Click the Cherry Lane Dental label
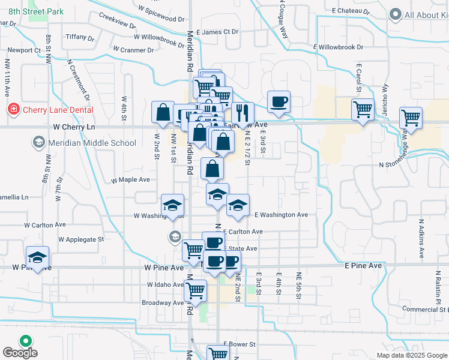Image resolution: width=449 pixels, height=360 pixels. pos(58,110)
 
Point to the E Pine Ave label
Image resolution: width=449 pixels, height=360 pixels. pos(363,265)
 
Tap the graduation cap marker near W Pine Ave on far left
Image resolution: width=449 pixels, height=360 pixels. pos(38,259)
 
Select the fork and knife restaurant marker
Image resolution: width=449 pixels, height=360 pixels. pos(243,112)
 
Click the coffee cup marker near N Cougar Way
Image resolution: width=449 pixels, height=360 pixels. pos(279,103)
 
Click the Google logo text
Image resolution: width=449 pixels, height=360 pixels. pos(20,353)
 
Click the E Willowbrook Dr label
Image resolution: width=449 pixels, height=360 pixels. pos(339,47)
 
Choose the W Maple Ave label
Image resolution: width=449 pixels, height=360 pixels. pos(130,179)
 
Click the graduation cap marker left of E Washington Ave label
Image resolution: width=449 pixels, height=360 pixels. pos(238,206)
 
